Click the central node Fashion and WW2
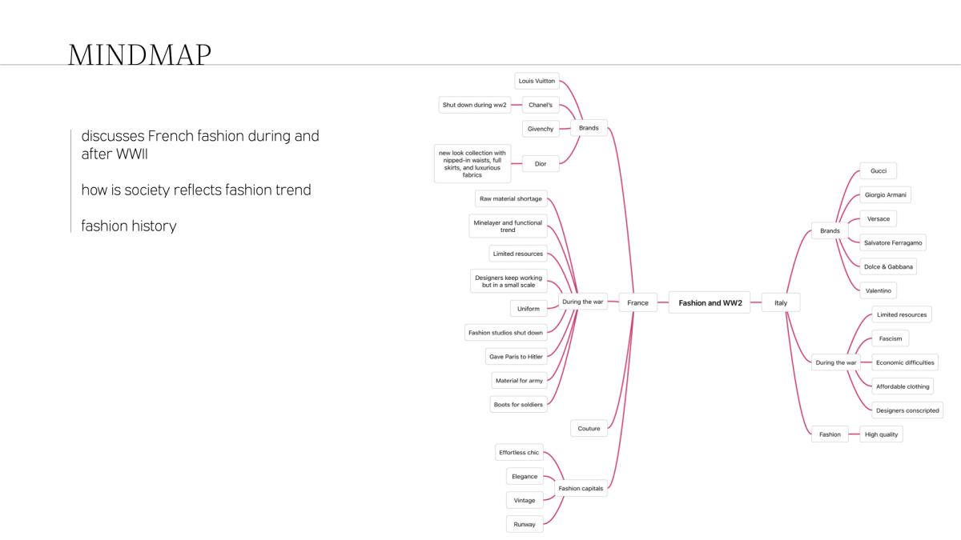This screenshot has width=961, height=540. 710,302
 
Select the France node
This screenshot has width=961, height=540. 638,302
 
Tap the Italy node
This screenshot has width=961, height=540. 781,302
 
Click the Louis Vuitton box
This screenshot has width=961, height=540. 537,81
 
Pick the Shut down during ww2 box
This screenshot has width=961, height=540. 474,105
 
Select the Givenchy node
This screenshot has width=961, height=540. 541,129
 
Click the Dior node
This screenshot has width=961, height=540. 541,164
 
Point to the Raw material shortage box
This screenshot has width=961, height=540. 511,199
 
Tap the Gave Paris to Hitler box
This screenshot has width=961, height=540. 516,357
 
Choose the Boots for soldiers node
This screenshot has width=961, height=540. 518,405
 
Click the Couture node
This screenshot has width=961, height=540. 589,429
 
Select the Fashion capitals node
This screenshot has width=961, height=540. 581,489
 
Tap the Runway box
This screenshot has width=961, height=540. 525,525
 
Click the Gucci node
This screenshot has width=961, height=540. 879,171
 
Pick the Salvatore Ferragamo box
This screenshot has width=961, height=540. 893,243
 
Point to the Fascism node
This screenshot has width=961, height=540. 891,338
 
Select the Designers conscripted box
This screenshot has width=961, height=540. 907,410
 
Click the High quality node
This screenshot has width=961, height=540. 881,434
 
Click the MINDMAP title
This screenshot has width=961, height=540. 140,55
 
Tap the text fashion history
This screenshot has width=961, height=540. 129,226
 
